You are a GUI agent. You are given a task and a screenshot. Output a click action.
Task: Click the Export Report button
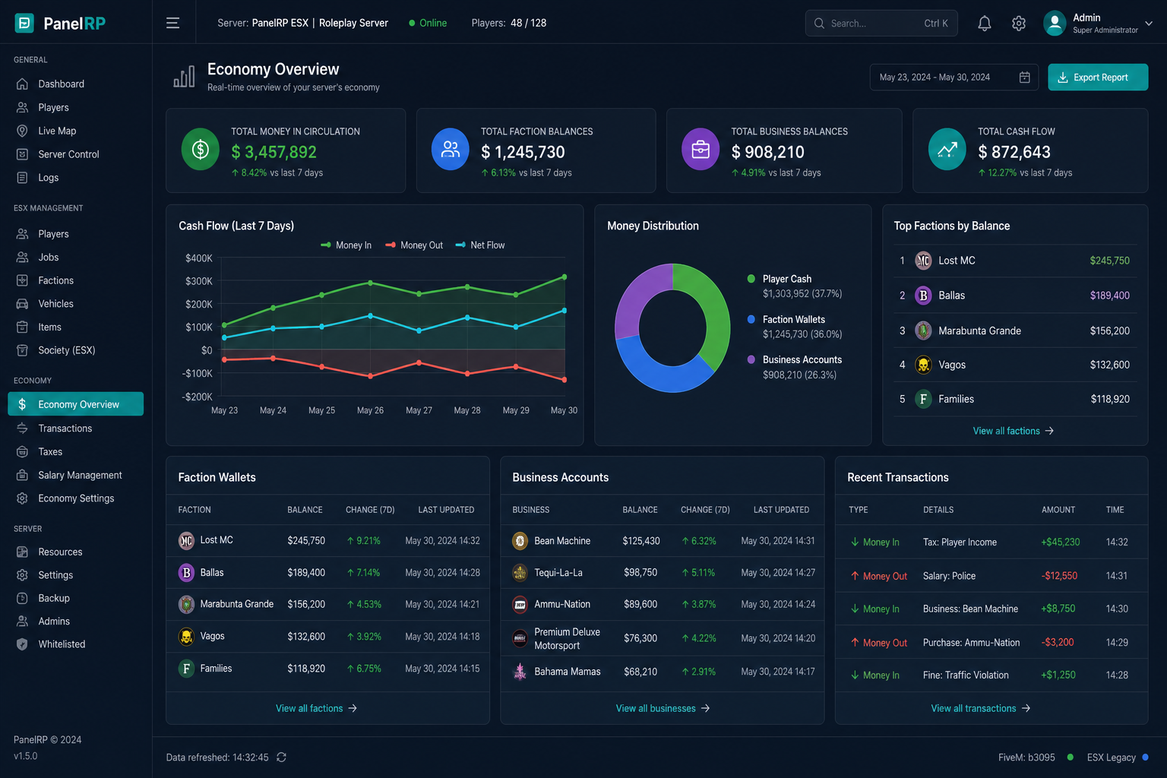(1098, 77)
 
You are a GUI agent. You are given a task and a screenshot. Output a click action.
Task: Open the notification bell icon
(984, 24)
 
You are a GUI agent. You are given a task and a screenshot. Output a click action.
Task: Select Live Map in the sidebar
(57, 131)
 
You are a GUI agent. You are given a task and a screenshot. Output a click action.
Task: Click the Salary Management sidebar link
(80, 475)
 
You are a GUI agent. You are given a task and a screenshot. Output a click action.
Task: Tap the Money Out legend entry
(414, 245)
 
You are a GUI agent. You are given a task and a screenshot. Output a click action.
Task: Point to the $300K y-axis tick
(198, 281)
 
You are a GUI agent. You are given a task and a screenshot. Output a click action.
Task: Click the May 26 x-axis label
(370, 410)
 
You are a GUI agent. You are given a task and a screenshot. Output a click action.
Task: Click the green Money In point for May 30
(565, 277)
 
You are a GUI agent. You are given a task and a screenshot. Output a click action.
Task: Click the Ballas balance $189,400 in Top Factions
(1110, 296)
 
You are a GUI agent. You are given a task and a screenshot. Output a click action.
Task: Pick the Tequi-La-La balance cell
(640, 572)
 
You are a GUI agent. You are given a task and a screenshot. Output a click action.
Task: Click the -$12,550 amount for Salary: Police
(1059, 576)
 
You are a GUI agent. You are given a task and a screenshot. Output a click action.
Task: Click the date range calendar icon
(1024, 77)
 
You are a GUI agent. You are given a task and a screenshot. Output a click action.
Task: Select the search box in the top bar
(881, 24)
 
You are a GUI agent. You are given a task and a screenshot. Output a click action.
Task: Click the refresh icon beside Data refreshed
(281, 757)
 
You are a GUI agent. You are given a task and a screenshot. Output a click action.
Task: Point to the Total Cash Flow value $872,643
(1014, 152)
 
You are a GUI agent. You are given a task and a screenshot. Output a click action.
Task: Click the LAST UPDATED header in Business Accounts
(781, 510)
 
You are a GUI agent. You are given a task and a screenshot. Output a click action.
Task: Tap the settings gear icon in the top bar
(1019, 24)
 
